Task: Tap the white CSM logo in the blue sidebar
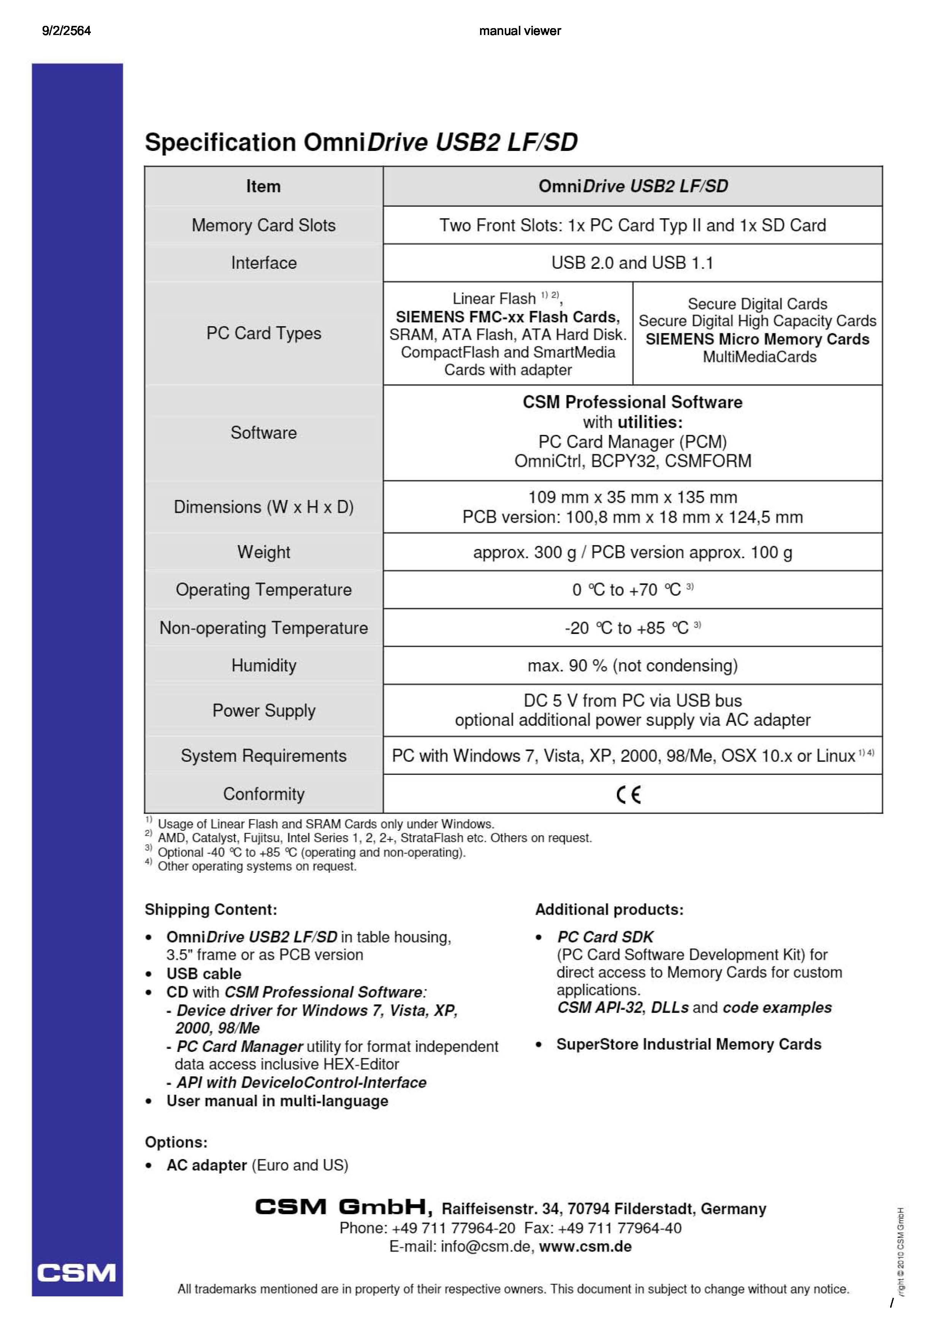pos(77,1273)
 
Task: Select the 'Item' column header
pos(263,187)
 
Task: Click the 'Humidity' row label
pos(264,665)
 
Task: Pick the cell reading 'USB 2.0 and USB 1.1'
pos(632,263)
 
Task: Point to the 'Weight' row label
pos(264,552)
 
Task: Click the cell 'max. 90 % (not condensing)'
pos(632,665)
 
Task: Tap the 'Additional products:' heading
pos(609,909)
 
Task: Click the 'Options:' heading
pos(176,1142)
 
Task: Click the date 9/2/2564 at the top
pos(66,31)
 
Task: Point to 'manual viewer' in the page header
pos(520,31)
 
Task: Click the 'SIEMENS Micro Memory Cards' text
pos(757,339)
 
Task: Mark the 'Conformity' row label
pos(264,794)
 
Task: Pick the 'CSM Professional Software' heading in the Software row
pos(632,402)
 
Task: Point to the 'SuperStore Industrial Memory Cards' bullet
pos(688,1044)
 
